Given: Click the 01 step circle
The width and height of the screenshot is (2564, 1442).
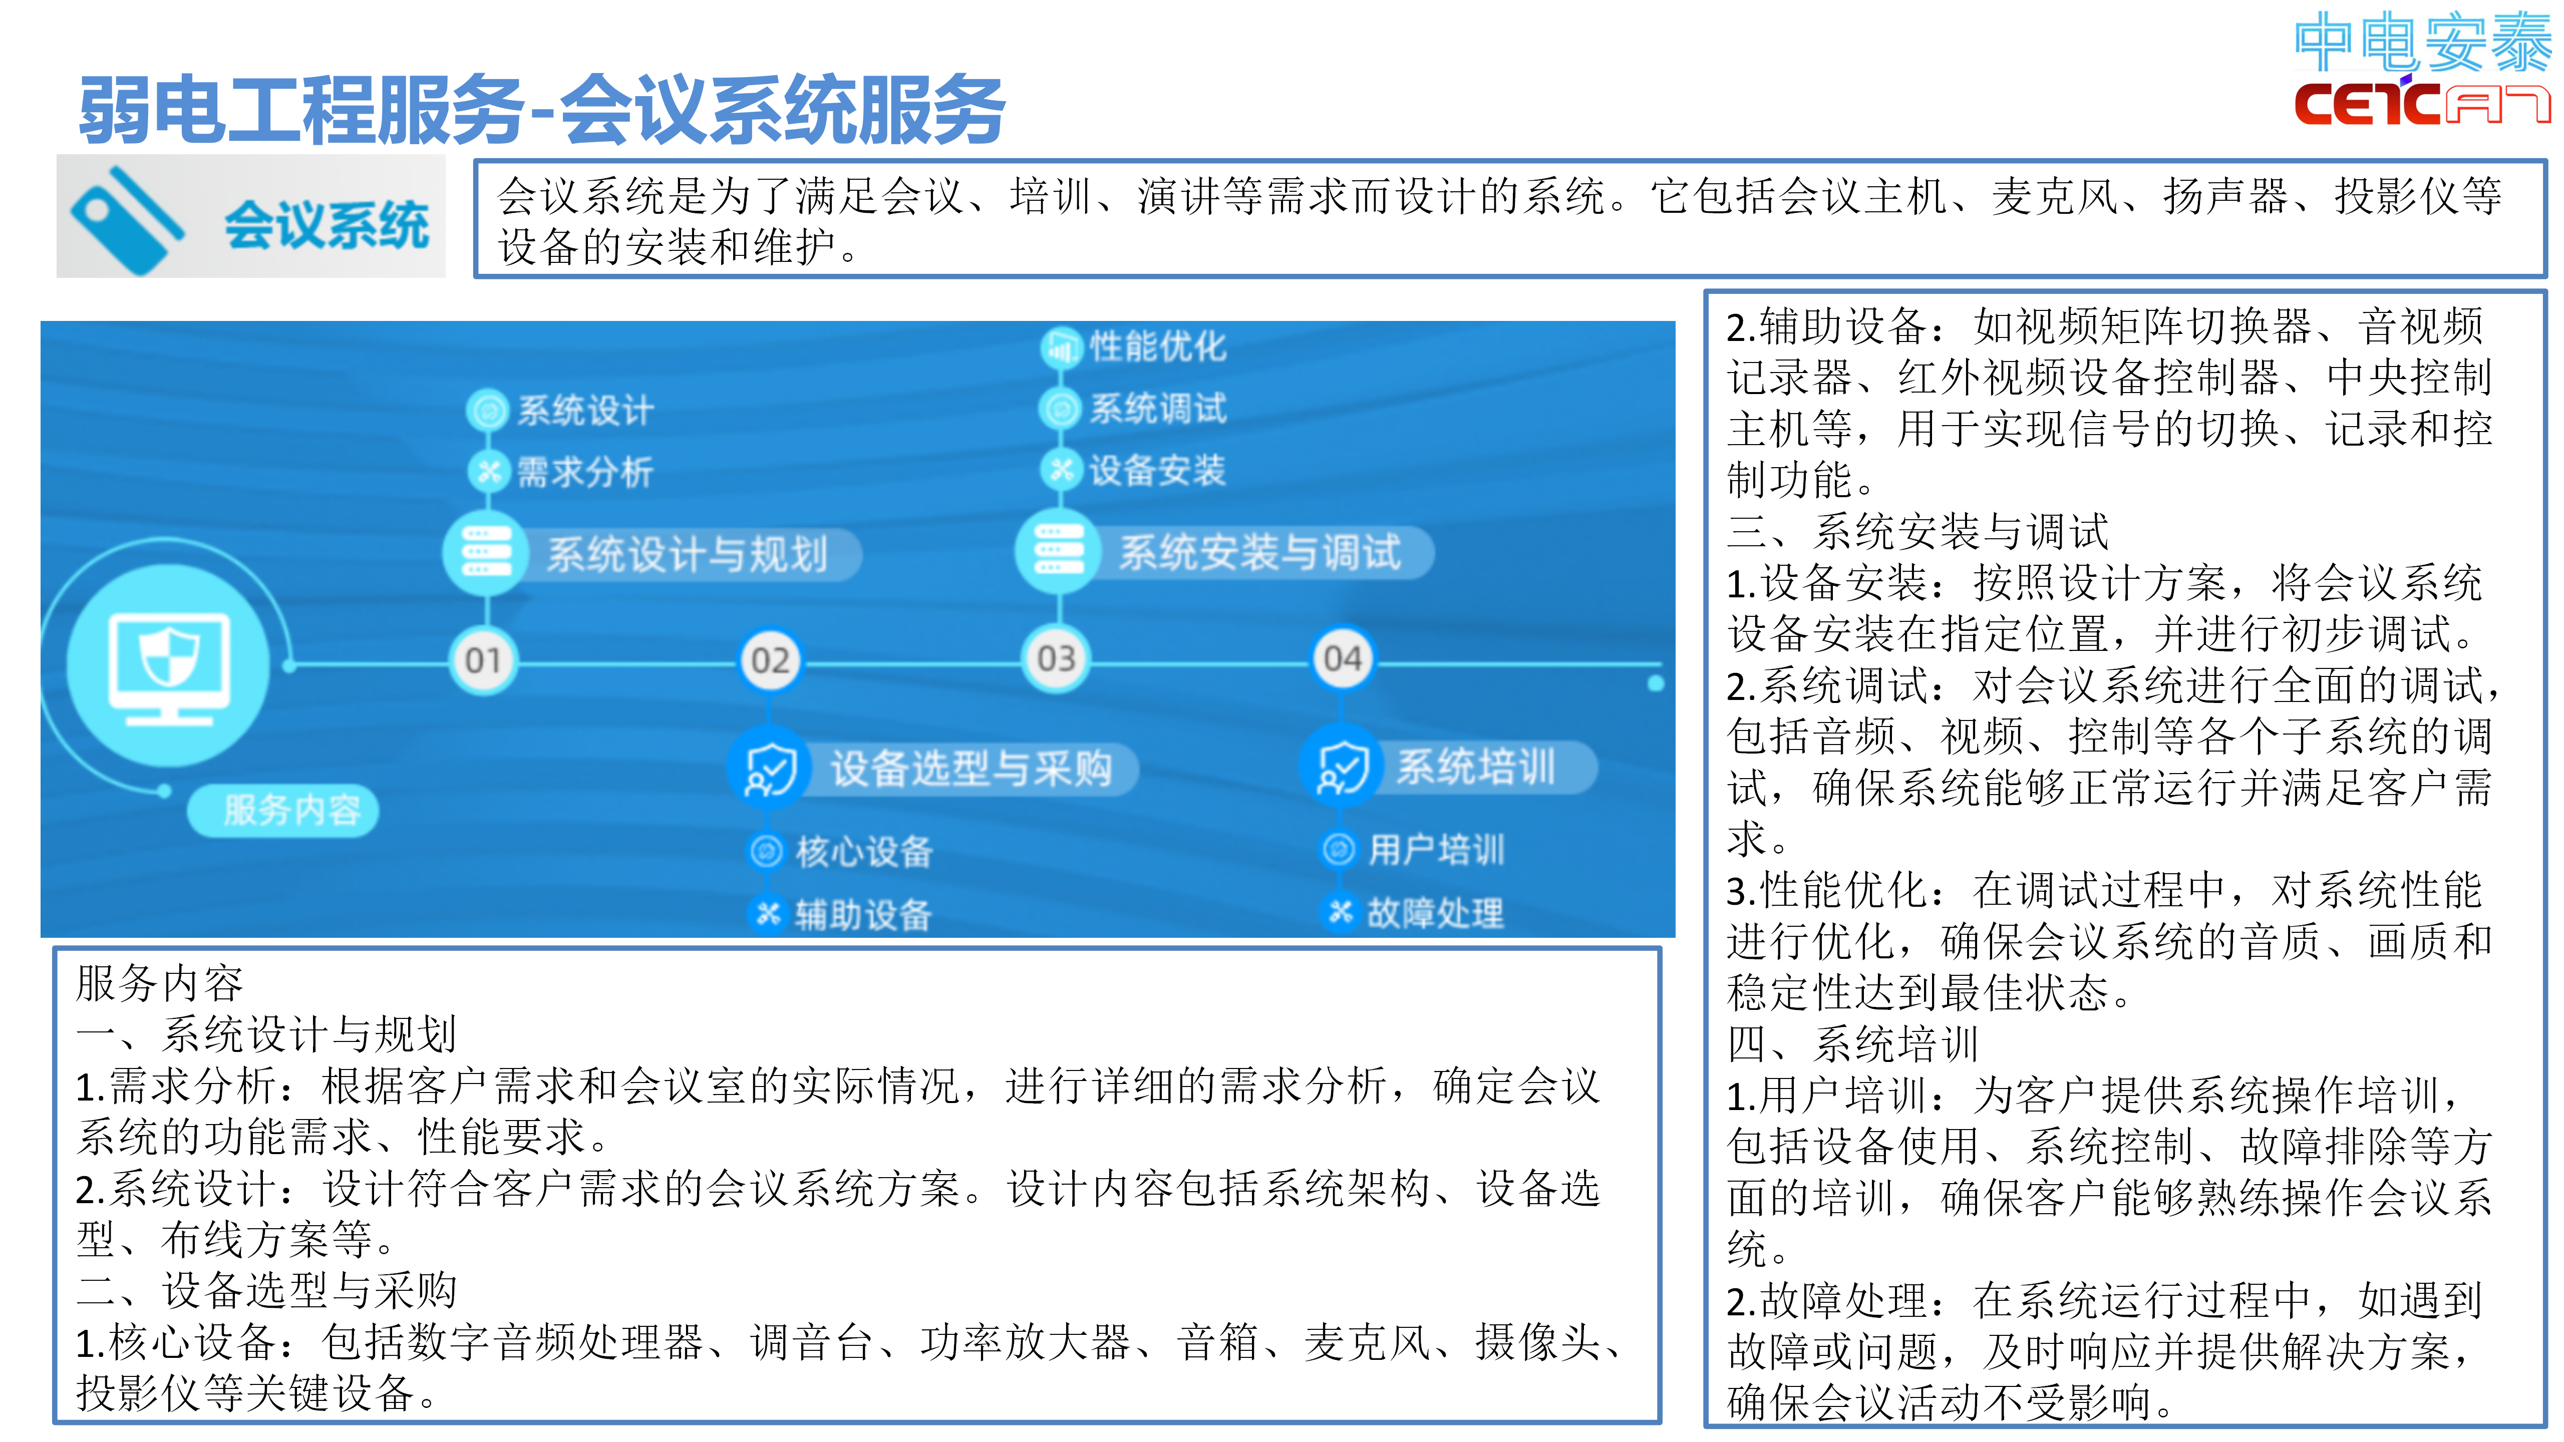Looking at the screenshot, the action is coord(484,660).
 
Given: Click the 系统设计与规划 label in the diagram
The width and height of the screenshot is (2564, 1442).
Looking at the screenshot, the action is coord(687,554).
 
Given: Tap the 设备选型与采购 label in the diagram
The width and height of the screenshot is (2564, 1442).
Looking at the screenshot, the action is coord(972,768).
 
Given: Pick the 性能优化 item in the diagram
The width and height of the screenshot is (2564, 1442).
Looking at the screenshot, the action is coord(1158,346).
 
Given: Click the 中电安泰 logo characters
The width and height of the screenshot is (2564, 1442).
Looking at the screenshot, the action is coord(2423,42).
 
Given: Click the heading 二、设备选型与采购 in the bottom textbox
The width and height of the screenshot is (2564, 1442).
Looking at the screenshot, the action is coord(267,1291).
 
